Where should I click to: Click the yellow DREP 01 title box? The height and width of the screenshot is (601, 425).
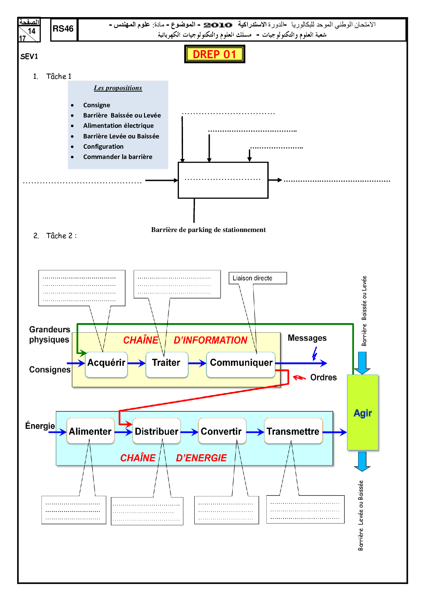tap(215, 54)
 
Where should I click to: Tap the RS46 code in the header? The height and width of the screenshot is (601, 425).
tap(63, 29)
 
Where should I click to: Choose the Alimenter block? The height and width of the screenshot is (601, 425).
tap(90, 431)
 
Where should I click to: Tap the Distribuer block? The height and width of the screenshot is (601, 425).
tap(156, 431)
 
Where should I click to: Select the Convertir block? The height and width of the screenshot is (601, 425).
tap(221, 431)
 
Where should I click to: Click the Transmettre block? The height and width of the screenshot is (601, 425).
tap(293, 431)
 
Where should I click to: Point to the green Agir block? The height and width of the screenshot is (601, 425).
tap(363, 413)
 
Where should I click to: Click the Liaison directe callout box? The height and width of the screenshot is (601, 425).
tap(257, 278)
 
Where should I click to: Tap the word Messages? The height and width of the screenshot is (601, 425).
tap(307, 338)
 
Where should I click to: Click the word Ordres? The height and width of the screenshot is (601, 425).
tap(323, 378)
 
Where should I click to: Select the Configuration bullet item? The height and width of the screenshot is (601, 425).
tap(103, 147)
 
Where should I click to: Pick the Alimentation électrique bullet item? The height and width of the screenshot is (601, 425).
tap(118, 126)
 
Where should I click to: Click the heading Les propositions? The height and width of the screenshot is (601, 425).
tap(118, 88)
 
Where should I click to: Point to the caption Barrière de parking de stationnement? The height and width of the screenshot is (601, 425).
tap(208, 230)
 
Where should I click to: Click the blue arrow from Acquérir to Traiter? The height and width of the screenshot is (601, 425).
tap(136, 363)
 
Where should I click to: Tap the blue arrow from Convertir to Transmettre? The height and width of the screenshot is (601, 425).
tap(255, 432)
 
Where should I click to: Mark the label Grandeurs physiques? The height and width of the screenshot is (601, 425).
tap(49, 335)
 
